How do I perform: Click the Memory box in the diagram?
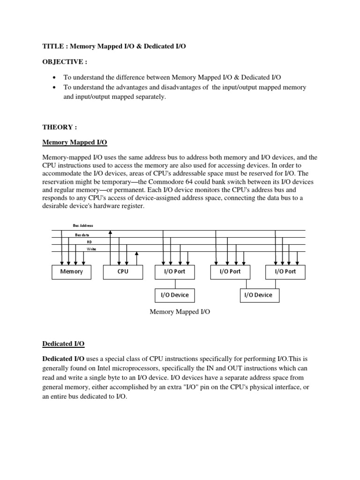point(71,272)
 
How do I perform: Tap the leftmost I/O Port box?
point(175,272)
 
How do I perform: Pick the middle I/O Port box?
point(230,272)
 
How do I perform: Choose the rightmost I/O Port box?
point(285,272)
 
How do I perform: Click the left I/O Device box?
point(175,295)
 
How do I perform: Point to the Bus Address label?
point(83,225)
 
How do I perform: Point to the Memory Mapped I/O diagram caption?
point(180,312)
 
